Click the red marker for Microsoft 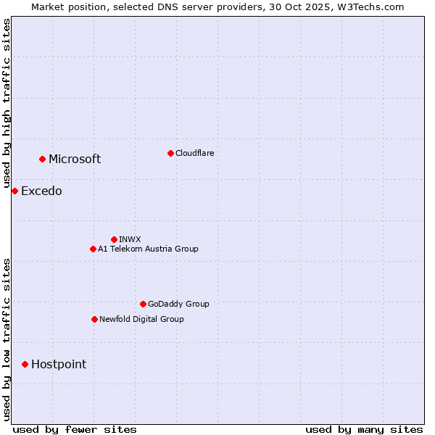click(x=42, y=159)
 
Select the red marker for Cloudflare click(x=170, y=153)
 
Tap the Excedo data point click(x=14, y=191)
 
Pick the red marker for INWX click(x=114, y=239)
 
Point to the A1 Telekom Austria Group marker click(x=93, y=249)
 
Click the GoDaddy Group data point click(x=143, y=304)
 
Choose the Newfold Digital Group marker click(x=94, y=319)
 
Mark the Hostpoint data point click(x=25, y=364)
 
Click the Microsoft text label click(x=75, y=159)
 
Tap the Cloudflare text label click(x=194, y=153)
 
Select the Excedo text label click(x=41, y=191)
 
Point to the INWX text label click(x=130, y=239)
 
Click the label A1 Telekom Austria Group click(x=148, y=249)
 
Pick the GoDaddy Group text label click(x=178, y=304)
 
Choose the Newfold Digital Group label click(x=141, y=319)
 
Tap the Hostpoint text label click(x=59, y=365)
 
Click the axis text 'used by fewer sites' click(x=75, y=429)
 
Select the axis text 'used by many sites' click(x=364, y=429)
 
